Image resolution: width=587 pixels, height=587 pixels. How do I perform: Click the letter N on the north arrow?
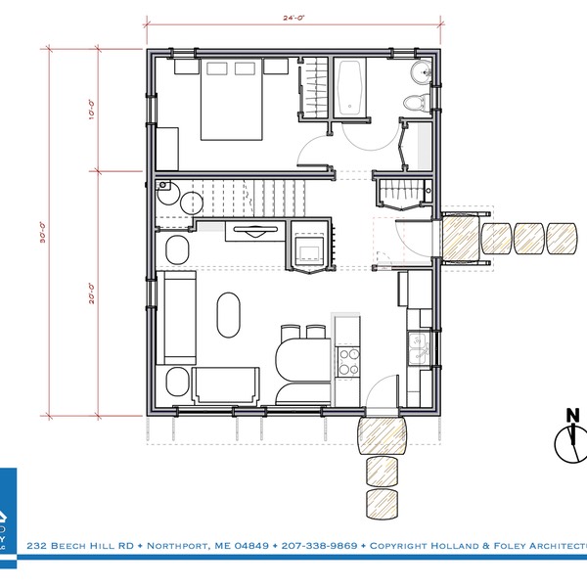(572, 416)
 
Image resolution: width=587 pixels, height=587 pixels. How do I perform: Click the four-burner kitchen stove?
(348, 359)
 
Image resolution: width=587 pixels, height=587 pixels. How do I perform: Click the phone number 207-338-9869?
(317, 544)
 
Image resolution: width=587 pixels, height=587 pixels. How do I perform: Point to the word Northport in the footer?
(177, 544)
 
